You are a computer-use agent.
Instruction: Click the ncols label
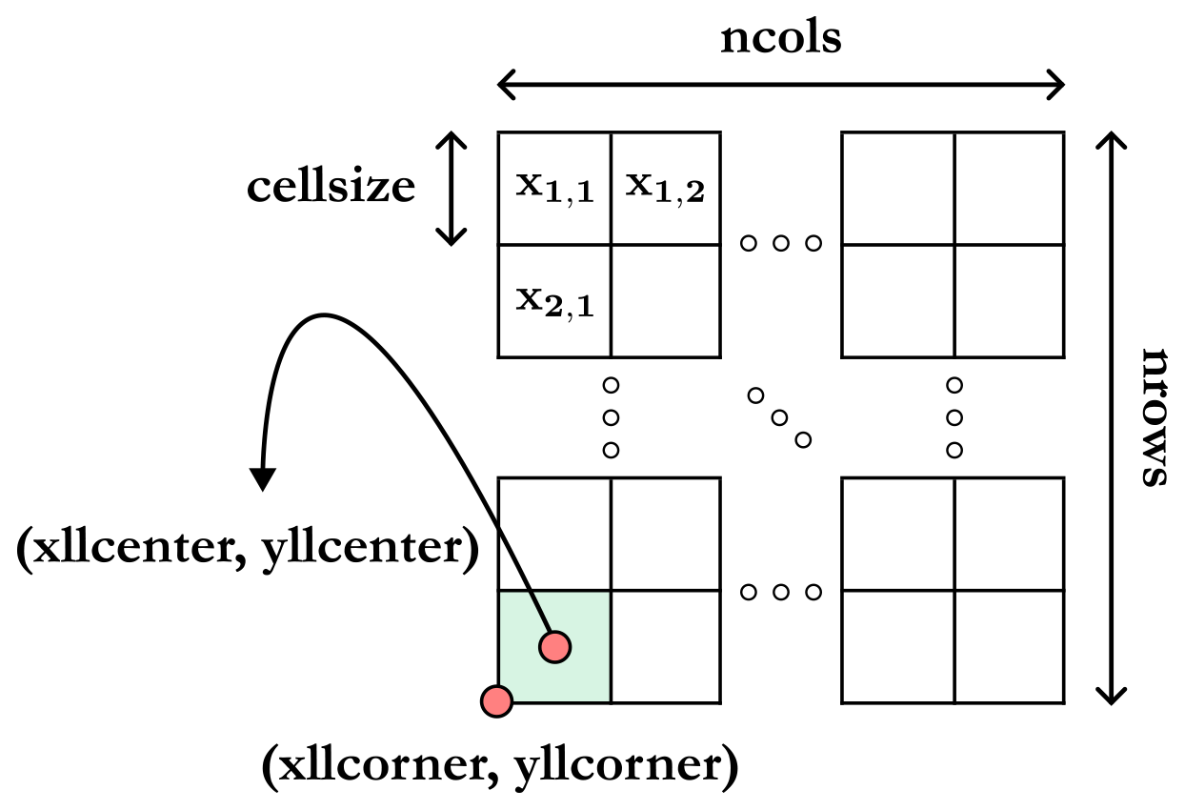pyautogui.click(x=780, y=39)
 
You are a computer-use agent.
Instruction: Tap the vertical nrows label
pyautogui.click(x=1154, y=417)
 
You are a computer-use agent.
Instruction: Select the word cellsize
pyautogui.click(x=331, y=188)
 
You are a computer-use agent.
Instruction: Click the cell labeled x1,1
pyautogui.click(x=554, y=189)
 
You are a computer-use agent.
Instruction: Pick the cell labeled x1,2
pyautogui.click(x=665, y=189)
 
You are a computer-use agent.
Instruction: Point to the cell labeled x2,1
pyautogui.click(x=554, y=301)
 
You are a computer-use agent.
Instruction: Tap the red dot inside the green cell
pyautogui.click(x=554, y=647)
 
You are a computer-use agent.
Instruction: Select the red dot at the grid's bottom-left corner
pyautogui.click(x=496, y=701)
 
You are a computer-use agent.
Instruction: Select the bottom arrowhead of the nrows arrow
pyautogui.click(x=1108, y=697)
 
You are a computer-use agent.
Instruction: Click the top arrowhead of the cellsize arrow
pyautogui.click(x=451, y=138)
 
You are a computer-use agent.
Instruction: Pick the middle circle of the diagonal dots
pyautogui.click(x=780, y=416)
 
